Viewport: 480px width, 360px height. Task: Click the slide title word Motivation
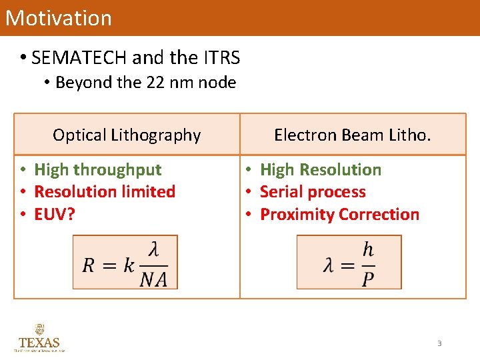pyautogui.click(x=59, y=17)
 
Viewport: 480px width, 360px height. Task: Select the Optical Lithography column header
pyautogui.click(x=127, y=135)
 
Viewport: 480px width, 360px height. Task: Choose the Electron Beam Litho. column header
pyautogui.click(x=353, y=135)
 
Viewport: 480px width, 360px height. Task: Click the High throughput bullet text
pyautogui.click(x=98, y=170)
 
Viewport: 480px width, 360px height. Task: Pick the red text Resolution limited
pyautogui.click(x=105, y=192)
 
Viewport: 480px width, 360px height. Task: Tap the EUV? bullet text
pyautogui.click(x=55, y=215)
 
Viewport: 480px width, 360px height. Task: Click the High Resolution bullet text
pyautogui.click(x=321, y=170)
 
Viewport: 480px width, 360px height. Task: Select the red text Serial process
pyautogui.click(x=313, y=192)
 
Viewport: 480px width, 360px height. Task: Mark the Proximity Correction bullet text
pyautogui.click(x=339, y=215)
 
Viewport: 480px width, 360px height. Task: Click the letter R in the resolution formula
pyautogui.click(x=89, y=265)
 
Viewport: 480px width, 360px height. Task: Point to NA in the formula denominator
pyautogui.click(x=153, y=279)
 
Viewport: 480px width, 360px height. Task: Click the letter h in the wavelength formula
pyautogui.click(x=368, y=250)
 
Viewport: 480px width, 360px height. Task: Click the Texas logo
pyautogui.click(x=39, y=338)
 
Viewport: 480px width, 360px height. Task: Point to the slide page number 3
pyautogui.click(x=439, y=343)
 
